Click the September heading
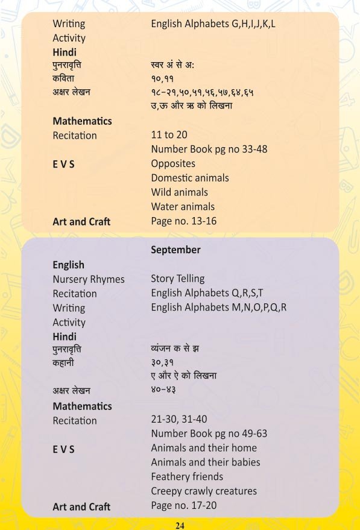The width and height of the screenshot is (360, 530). pos(175,250)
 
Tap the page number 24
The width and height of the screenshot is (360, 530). pos(180,525)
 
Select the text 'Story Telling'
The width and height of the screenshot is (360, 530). pos(177,279)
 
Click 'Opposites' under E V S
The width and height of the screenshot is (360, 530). pos(173,163)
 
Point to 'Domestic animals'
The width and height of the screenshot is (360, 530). pos(189,178)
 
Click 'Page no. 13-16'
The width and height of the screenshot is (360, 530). pos(183,221)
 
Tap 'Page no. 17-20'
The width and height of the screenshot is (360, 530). pos(183,506)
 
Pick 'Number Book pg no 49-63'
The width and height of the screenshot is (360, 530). pos(209,434)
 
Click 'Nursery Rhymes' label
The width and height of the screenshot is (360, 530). pos(89,279)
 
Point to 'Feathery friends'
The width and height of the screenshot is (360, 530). pos(187,477)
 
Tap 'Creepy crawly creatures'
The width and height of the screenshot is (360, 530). pos(204,491)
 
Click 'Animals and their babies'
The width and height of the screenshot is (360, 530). pos(206,462)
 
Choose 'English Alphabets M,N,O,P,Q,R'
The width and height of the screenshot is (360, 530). pos(218,308)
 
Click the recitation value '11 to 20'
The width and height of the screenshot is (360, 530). pos(169,135)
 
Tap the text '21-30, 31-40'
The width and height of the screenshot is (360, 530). pos(180,420)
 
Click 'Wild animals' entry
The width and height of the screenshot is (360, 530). pos(179,192)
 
